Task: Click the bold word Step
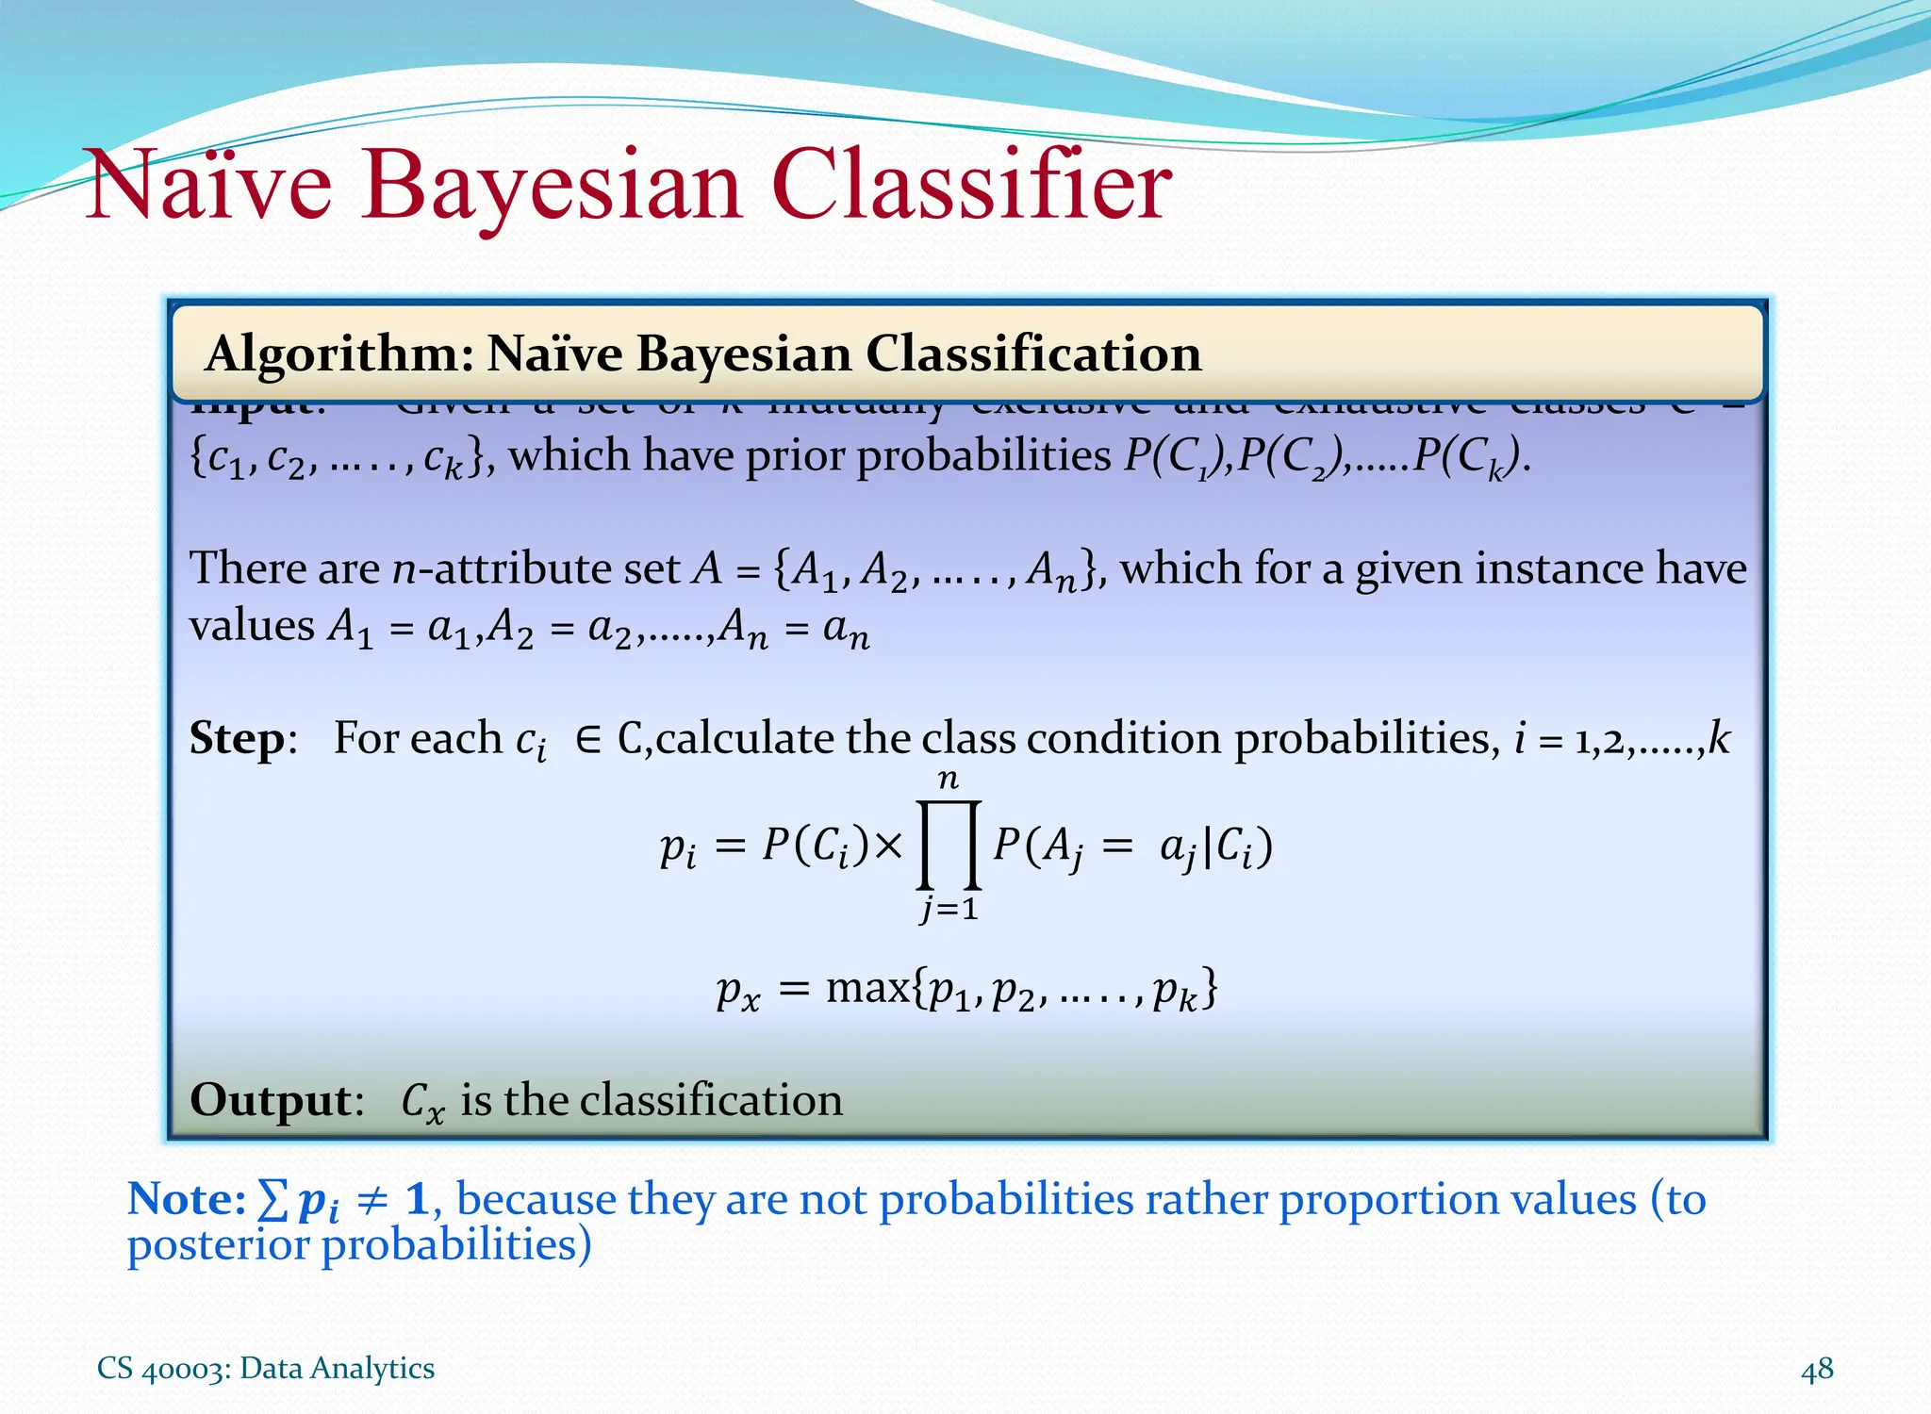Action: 237,738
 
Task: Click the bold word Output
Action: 271,1099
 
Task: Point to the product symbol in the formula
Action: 949,845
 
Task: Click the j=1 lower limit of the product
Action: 949,910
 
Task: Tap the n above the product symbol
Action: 949,780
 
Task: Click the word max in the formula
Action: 867,988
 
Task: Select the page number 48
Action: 1817,1369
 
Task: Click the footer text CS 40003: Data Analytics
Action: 266,1368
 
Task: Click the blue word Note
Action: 185,1199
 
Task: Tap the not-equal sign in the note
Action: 374,1200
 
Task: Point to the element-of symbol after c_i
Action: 587,739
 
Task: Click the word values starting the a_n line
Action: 251,626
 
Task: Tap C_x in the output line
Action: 421,1101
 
